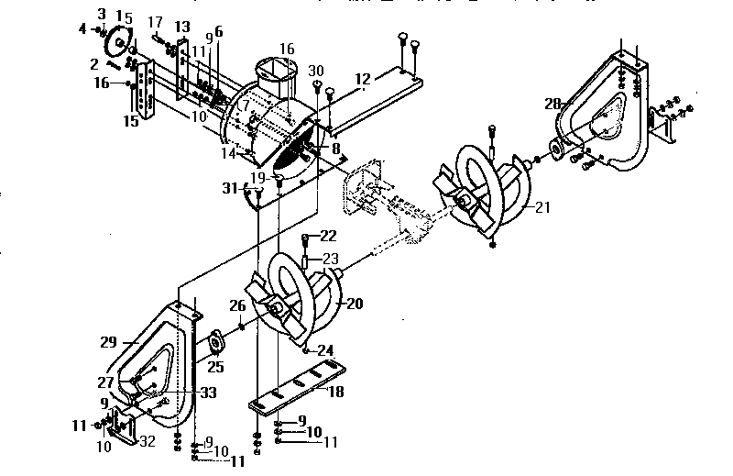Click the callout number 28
(x=552, y=104)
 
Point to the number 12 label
(x=363, y=80)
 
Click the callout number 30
(x=316, y=72)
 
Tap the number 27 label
(x=107, y=382)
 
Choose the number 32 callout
(x=147, y=441)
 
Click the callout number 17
(x=156, y=22)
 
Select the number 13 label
(x=182, y=27)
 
